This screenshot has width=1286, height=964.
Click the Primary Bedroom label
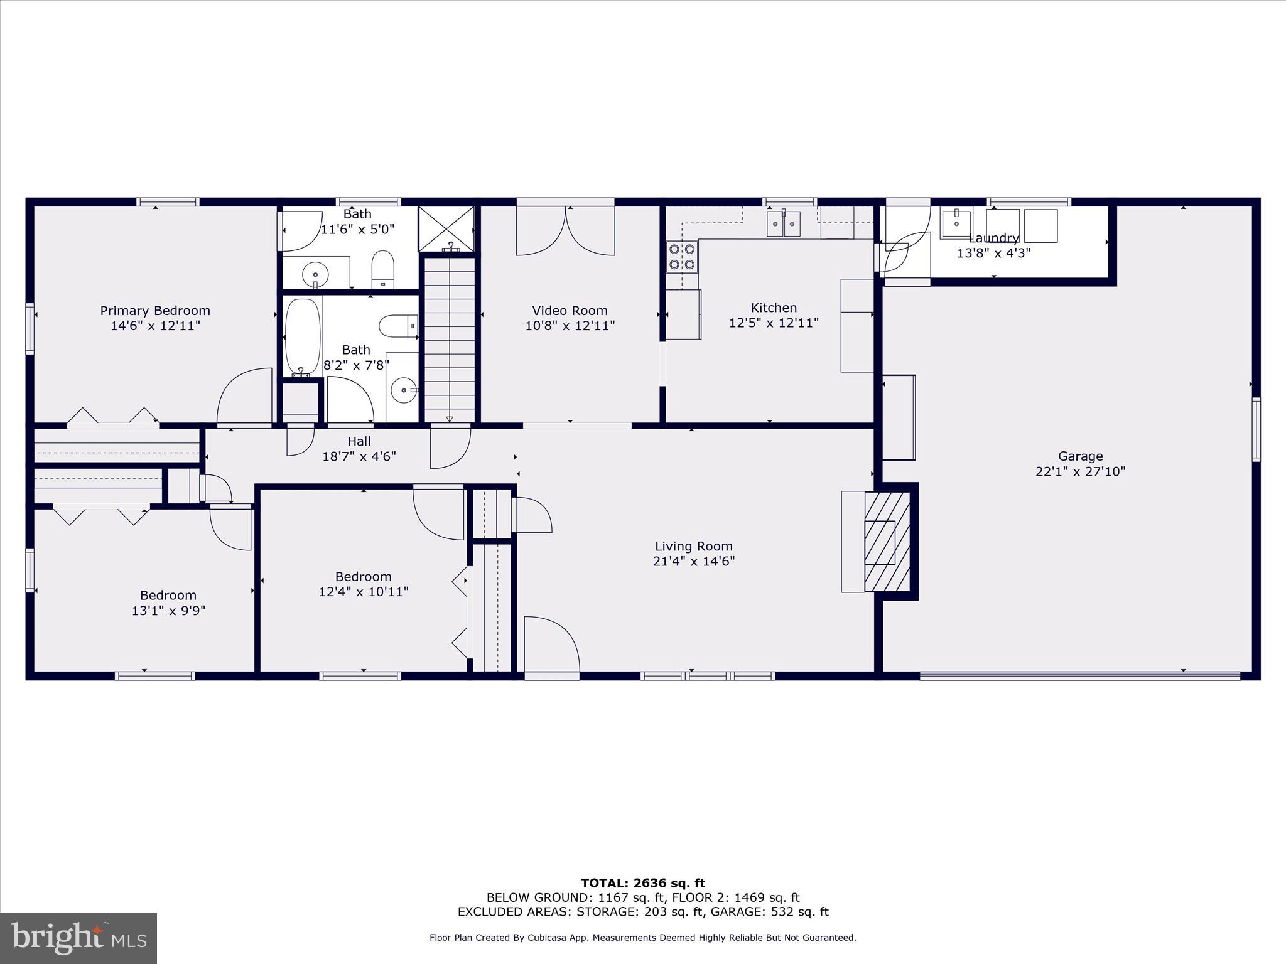point(155,311)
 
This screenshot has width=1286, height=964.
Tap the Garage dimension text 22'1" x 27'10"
point(1080,471)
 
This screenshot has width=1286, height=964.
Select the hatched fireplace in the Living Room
point(887,542)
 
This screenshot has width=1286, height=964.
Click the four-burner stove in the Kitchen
point(682,257)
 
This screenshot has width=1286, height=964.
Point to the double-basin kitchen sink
point(783,223)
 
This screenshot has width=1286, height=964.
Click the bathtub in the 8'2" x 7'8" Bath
point(303,338)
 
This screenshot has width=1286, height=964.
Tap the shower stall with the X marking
point(446,228)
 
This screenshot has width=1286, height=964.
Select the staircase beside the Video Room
point(450,339)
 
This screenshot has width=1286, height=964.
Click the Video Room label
point(570,311)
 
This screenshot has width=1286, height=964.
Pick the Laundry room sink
point(956,223)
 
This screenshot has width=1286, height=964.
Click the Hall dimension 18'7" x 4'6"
point(359,457)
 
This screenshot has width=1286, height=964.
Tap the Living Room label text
point(693,546)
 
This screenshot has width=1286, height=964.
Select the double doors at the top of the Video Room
point(565,231)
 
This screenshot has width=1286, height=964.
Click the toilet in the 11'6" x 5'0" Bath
point(382,269)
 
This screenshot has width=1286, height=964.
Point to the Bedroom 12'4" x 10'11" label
point(363,577)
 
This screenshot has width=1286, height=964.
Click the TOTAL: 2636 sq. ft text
point(642,884)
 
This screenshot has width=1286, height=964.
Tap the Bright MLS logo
point(78,938)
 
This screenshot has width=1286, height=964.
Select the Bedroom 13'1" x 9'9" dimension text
point(168,611)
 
